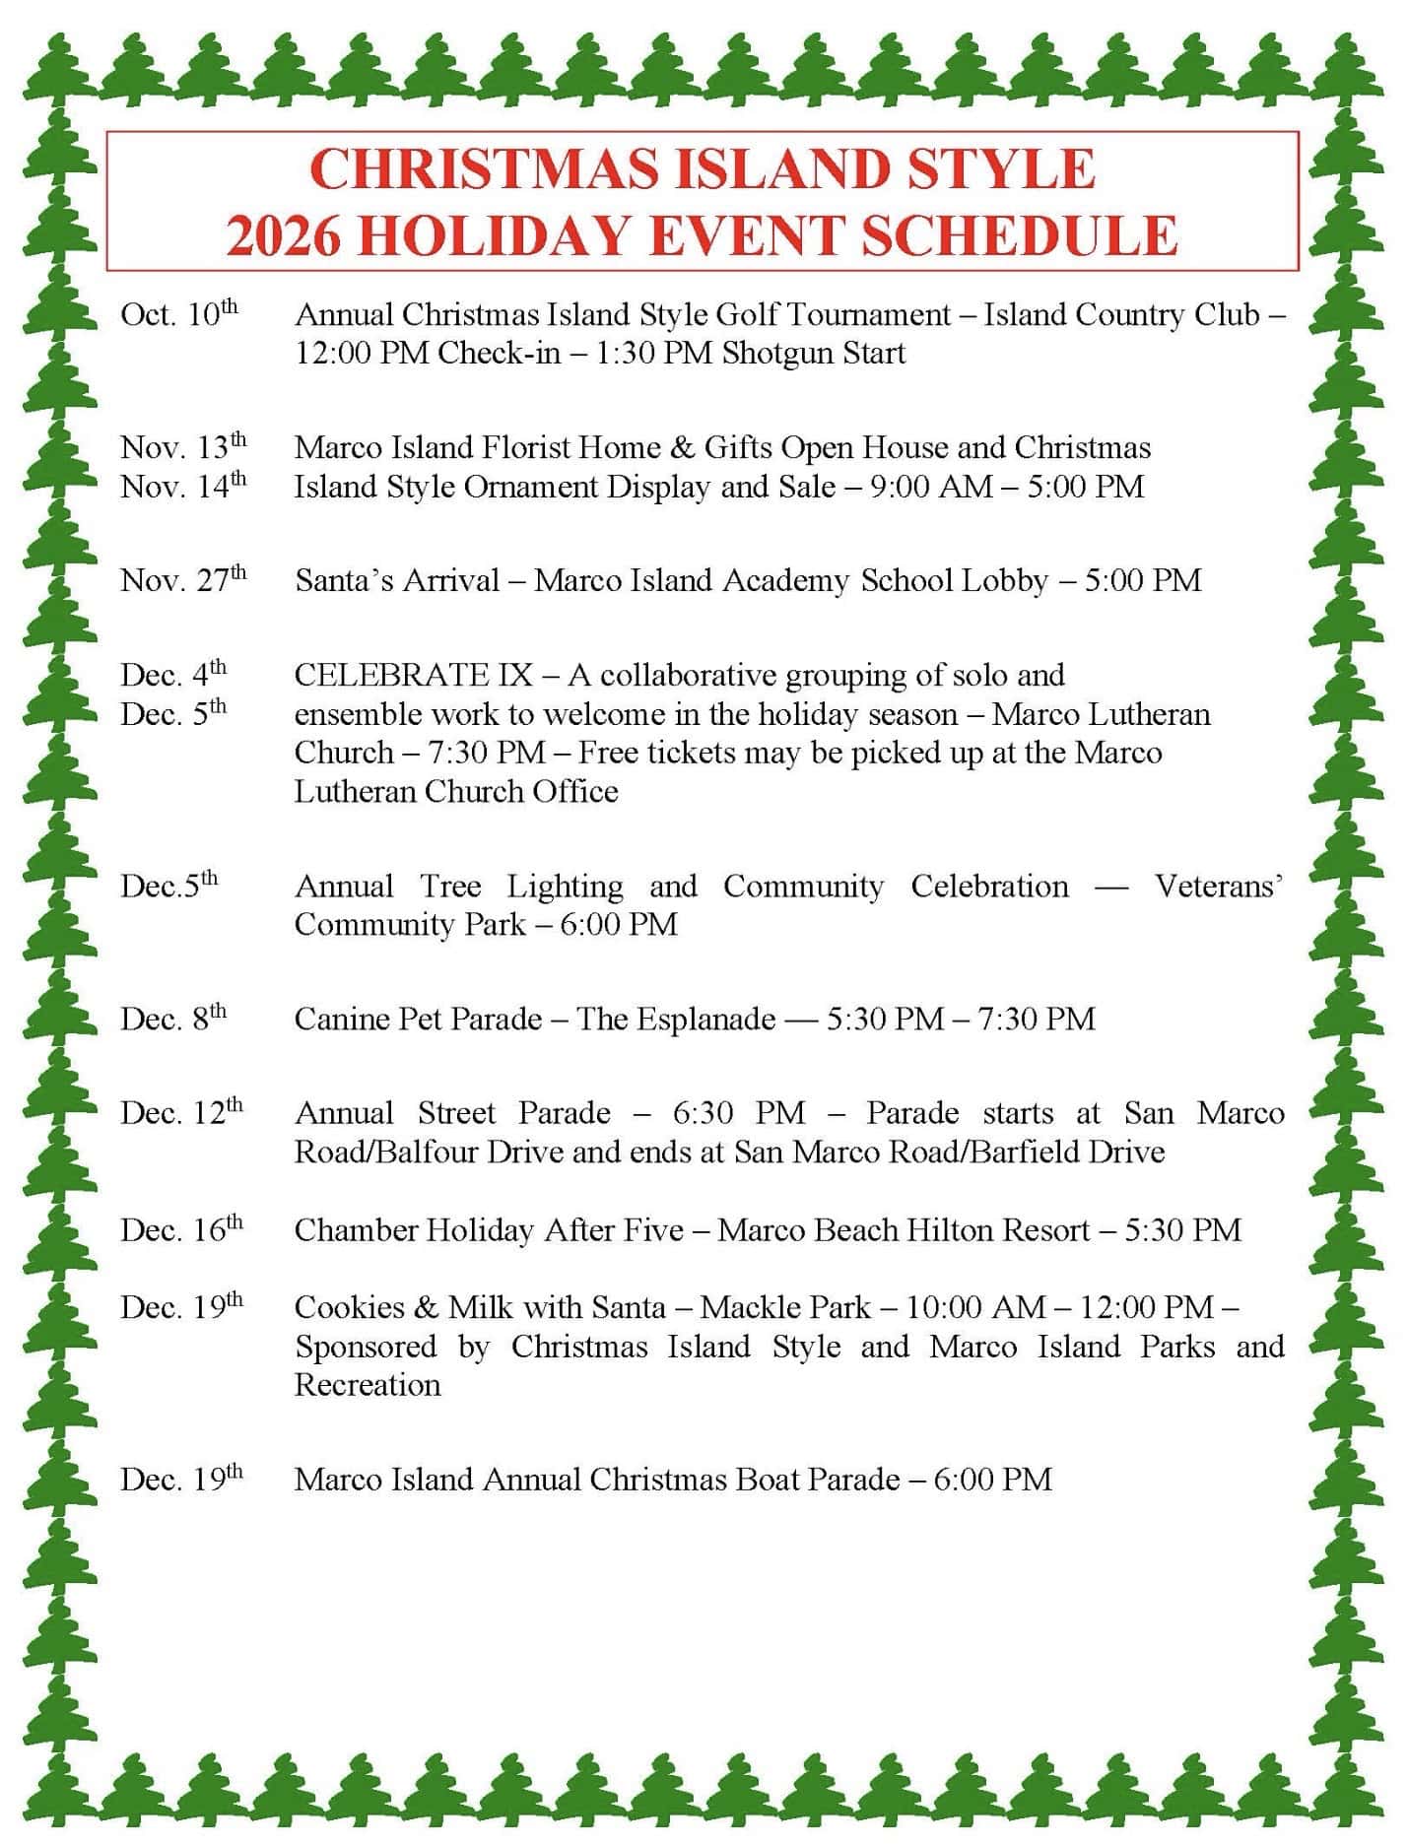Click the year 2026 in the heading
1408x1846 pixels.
coord(283,236)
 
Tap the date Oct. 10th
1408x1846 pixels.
coord(179,314)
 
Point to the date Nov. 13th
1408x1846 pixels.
coord(183,447)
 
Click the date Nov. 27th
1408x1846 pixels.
coord(183,580)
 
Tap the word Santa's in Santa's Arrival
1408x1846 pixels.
coord(344,580)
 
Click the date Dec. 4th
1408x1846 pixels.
coord(173,675)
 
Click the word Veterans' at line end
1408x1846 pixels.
coord(1218,887)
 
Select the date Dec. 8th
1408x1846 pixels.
coord(173,1019)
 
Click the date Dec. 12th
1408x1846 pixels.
coord(181,1113)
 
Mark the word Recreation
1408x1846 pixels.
coord(368,1385)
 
